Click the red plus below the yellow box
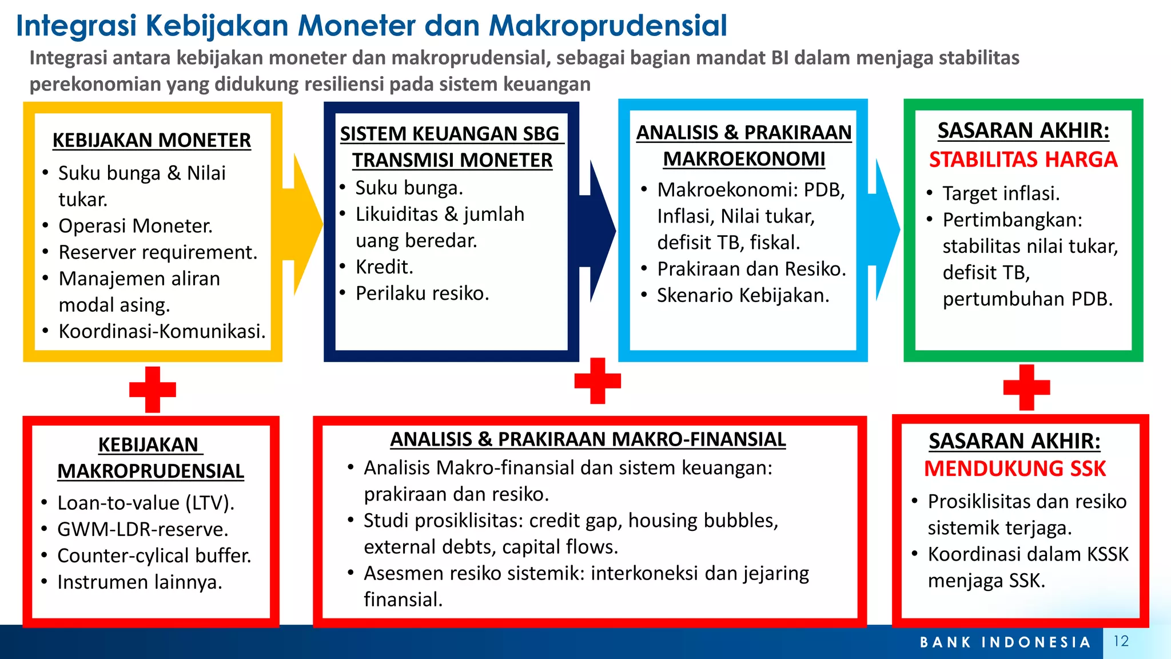pyautogui.click(x=153, y=390)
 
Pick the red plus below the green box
pyautogui.click(x=1026, y=387)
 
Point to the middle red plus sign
pyautogui.click(x=598, y=381)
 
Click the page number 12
pyautogui.click(x=1121, y=641)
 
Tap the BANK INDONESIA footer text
pyautogui.click(x=1005, y=642)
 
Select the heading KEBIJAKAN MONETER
pyautogui.click(x=152, y=140)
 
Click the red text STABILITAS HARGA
pyautogui.click(x=1023, y=160)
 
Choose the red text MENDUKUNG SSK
pyautogui.click(x=1015, y=469)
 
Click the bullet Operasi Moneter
pyautogui.click(x=136, y=226)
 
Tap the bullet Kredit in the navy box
pyautogui.click(x=384, y=267)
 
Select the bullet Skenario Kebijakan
pyautogui.click(x=743, y=296)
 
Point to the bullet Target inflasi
pyautogui.click(x=1001, y=194)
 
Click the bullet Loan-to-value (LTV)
pyautogui.click(x=146, y=503)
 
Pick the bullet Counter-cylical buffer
pyautogui.click(x=154, y=555)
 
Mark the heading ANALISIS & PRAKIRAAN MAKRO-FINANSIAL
pyautogui.click(x=588, y=439)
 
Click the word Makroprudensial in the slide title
pyautogui.click(x=608, y=26)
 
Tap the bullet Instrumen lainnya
pyautogui.click(x=140, y=582)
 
